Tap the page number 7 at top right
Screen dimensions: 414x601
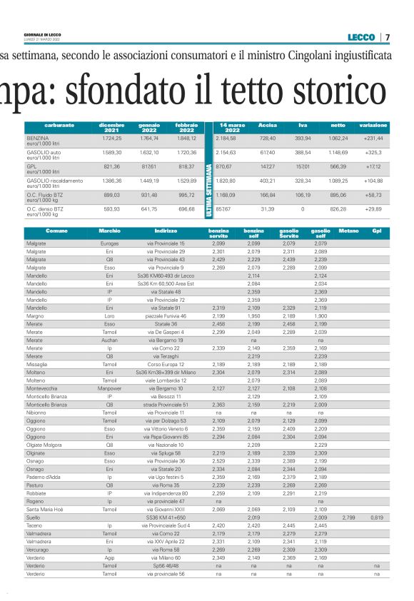[387, 37]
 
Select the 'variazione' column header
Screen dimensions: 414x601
[373, 125]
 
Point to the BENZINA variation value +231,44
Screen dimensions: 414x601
[373, 138]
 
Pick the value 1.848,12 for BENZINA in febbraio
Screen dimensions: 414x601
[186, 138]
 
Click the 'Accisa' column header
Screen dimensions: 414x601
[268, 125]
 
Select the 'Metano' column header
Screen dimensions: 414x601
[348, 231]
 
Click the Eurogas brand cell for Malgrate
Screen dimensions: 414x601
[109, 244]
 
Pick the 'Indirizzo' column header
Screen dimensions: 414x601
[165, 231]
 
